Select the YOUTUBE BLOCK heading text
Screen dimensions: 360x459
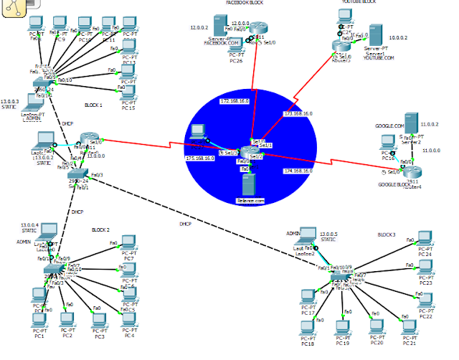(358, 2)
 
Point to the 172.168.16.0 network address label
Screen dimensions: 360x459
(234, 102)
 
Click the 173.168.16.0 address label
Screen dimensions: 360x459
(298, 113)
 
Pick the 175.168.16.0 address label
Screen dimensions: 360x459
(200, 158)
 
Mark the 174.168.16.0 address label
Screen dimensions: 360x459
(298, 171)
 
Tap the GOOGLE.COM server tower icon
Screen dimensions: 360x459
(412, 122)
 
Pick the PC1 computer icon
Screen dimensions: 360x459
(39, 321)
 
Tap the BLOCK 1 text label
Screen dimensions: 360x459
(93, 105)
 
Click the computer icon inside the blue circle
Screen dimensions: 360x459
(197, 132)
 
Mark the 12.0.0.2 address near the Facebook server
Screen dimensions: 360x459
(199, 27)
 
